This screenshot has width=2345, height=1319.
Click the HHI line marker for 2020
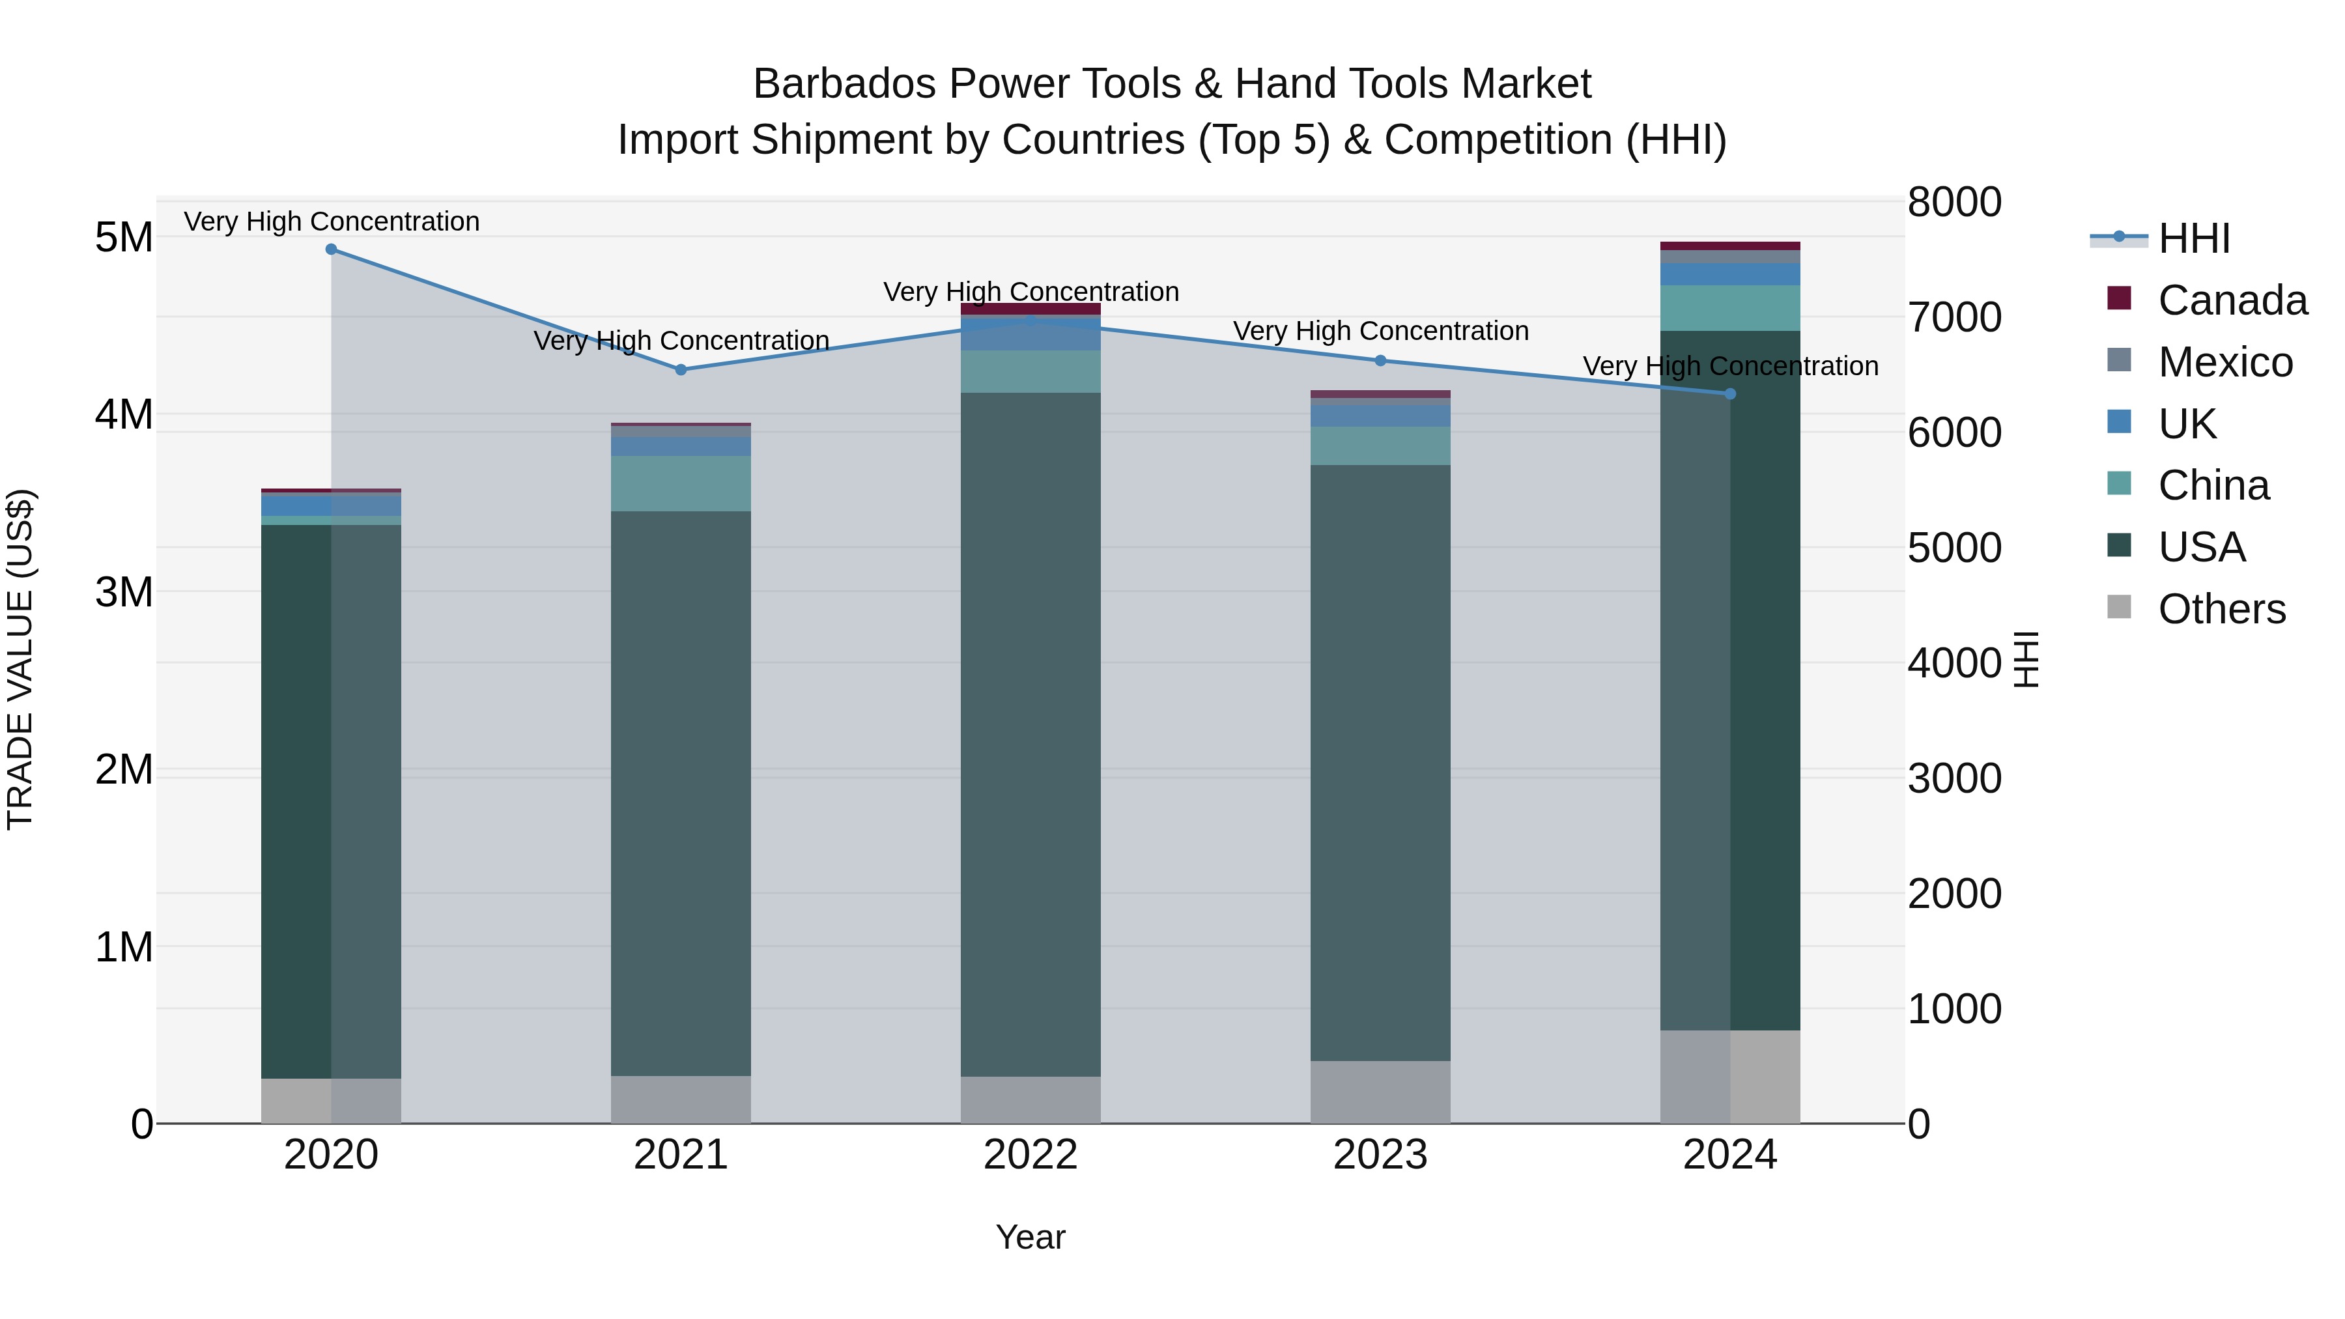(x=332, y=249)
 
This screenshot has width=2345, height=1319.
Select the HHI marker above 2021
(x=681, y=369)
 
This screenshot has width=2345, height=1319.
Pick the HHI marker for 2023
(x=1380, y=360)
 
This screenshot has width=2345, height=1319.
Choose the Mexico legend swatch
(x=2119, y=360)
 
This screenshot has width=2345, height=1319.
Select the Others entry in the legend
(x=2221, y=609)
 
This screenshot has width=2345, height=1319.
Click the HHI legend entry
(x=2193, y=238)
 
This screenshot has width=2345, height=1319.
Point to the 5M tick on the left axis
(x=124, y=238)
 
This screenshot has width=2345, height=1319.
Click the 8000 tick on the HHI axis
(x=1954, y=202)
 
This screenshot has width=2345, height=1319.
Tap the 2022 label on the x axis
(x=1030, y=1155)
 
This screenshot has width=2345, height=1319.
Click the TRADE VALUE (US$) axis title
(x=21, y=659)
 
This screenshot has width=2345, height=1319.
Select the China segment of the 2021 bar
(x=681, y=483)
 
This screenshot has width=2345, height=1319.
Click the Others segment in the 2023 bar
(x=1380, y=1092)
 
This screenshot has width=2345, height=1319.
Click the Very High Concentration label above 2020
(x=332, y=221)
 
